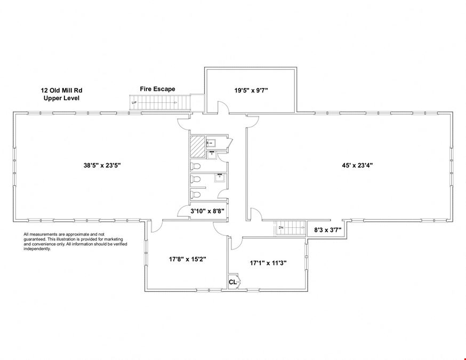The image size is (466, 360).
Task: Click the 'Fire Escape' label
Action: pyautogui.click(x=157, y=89)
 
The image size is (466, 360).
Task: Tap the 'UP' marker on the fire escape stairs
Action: pyautogui.click(x=134, y=102)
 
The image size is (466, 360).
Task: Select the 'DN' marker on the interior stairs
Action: pyautogui.click(x=281, y=228)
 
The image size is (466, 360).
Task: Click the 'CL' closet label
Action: pyautogui.click(x=232, y=282)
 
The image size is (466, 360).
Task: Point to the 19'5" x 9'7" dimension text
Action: pyautogui.click(x=251, y=90)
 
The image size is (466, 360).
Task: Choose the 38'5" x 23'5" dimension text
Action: pyautogui.click(x=102, y=165)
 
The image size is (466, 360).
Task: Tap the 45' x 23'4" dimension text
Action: pyautogui.click(x=357, y=165)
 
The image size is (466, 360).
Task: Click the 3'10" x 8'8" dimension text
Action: pyautogui.click(x=207, y=211)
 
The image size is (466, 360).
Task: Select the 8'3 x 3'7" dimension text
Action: pyautogui.click(x=327, y=230)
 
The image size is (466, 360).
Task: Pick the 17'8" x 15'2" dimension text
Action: pyautogui.click(x=188, y=259)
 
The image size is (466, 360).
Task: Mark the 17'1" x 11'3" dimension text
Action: pyautogui.click(x=268, y=263)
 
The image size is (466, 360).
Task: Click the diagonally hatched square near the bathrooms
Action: pyautogui.click(x=198, y=147)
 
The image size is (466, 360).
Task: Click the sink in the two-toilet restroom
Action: pyautogui.click(x=220, y=178)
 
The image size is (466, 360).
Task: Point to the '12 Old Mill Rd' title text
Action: pyautogui.click(x=61, y=90)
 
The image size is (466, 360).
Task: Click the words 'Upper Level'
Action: pyautogui.click(x=61, y=98)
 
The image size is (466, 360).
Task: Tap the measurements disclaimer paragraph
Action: pyautogui.click(x=76, y=242)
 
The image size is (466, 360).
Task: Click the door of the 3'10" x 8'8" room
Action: pyautogui.click(x=183, y=211)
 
